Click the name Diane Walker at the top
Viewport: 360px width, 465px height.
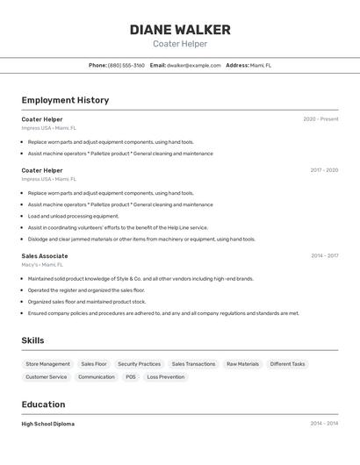180,30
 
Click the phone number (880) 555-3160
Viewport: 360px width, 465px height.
126,65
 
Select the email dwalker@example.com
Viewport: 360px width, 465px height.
194,65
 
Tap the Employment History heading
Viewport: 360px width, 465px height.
65,100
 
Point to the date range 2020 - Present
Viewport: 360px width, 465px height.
320,119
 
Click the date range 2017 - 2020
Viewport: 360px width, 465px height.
324,170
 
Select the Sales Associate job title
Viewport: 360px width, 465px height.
45,256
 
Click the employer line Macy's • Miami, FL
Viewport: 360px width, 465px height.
43,264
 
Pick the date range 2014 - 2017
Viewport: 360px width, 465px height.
324,256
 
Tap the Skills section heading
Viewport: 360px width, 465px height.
32,340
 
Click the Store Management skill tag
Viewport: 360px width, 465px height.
47,363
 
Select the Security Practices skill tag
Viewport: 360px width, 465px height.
139,363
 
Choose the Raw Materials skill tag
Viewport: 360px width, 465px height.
242,363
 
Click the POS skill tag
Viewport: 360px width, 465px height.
131,377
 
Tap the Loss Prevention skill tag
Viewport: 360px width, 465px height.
165,377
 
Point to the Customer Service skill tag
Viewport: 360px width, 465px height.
46,377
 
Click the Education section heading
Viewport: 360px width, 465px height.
43,404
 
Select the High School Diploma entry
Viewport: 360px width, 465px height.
48,424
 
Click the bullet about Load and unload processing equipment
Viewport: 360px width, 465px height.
73,216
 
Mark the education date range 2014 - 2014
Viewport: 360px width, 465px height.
324,424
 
